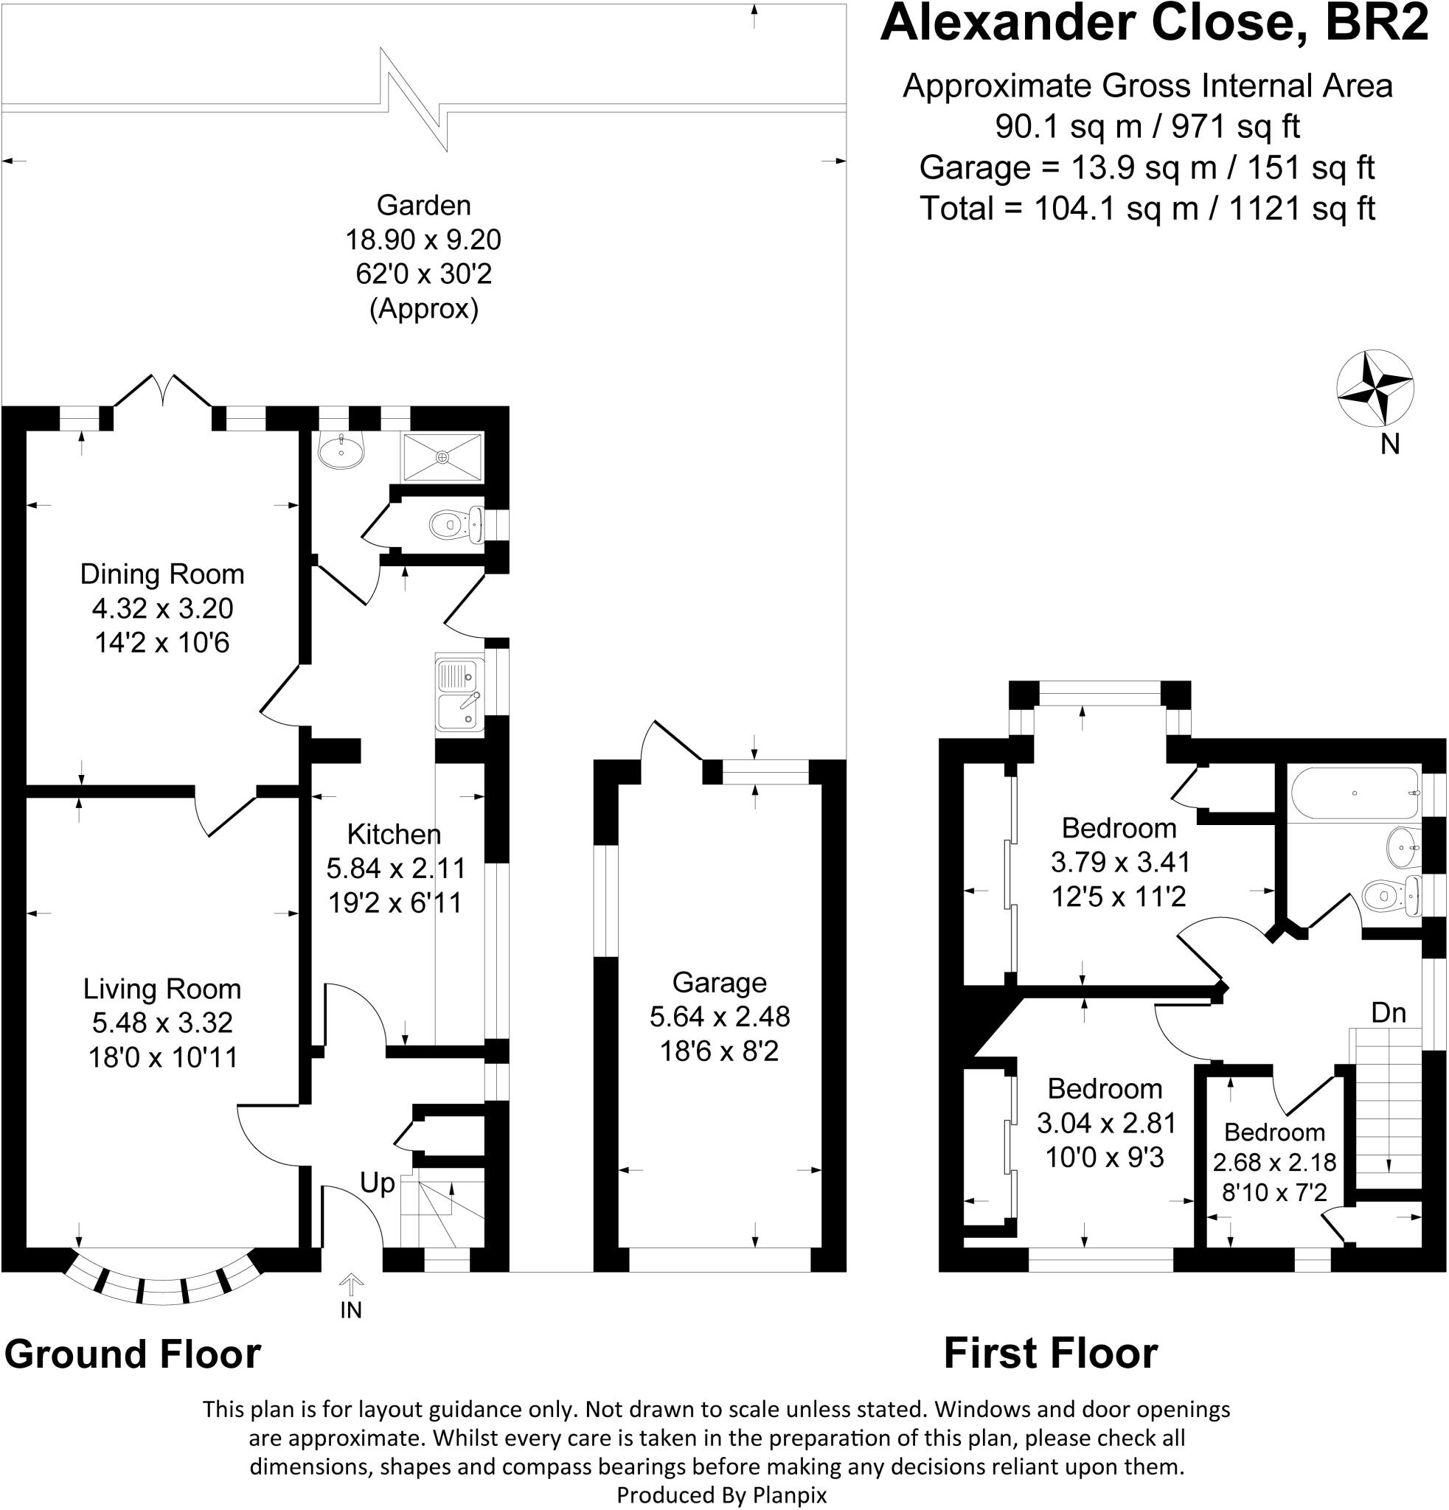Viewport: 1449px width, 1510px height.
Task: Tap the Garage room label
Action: (720, 982)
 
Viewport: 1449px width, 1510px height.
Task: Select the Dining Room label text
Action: (162, 574)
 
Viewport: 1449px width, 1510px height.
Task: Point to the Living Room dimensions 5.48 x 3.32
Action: (162, 1023)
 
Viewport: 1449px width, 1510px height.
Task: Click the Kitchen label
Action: (394, 834)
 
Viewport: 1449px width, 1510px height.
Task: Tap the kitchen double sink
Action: (459, 692)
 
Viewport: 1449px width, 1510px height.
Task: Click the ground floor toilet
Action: (456, 526)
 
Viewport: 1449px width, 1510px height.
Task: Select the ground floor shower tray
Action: (442, 457)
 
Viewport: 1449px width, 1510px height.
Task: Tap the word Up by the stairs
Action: (378, 1183)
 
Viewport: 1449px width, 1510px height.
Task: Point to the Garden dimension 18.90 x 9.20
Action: (423, 240)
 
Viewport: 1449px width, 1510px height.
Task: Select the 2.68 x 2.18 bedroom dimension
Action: (1274, 1162)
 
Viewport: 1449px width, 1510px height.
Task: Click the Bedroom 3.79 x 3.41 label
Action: (1119, 828)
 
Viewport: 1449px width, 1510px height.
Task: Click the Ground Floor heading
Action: (133, 1354)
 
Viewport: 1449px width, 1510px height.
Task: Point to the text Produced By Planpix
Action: (722, 1495)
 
